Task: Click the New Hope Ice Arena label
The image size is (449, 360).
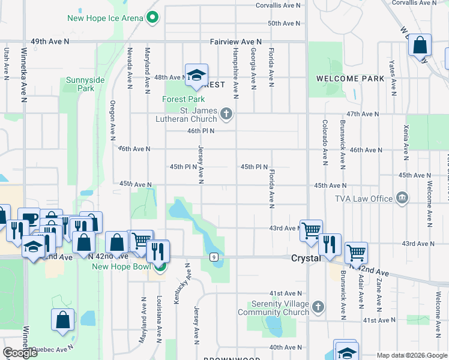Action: [x=105, y=18]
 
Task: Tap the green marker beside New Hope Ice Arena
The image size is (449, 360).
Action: [x=152, y=17]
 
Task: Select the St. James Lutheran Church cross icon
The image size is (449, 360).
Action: [x=226, y=113]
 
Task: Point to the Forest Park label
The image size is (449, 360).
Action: [x=184, y=100]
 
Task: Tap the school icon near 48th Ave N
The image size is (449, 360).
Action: [x=196, y=75]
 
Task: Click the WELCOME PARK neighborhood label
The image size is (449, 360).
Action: [x=350, y=79]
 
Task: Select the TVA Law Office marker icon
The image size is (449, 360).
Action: [x=402, y=198]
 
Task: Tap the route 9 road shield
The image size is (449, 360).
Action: [x=214, y=257]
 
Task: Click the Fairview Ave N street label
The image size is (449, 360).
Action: [x=236, y=42]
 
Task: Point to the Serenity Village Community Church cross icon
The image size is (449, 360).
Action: [x=318, y=308]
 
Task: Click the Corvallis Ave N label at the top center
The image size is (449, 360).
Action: [x=278, y=5]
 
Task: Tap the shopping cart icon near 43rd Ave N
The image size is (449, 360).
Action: [x=311, y=230]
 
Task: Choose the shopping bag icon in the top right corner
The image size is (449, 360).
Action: [x=420, y=44]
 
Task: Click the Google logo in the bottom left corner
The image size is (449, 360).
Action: [x=20, y=353]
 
